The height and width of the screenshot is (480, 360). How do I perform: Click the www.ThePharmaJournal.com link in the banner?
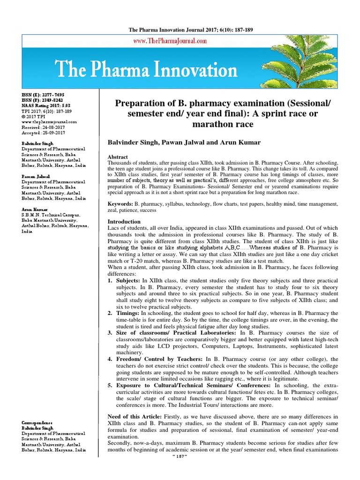pos(170,41)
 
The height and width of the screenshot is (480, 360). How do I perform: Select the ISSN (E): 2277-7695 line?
pos(42,95)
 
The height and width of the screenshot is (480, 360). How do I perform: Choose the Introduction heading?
pos(124,221)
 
